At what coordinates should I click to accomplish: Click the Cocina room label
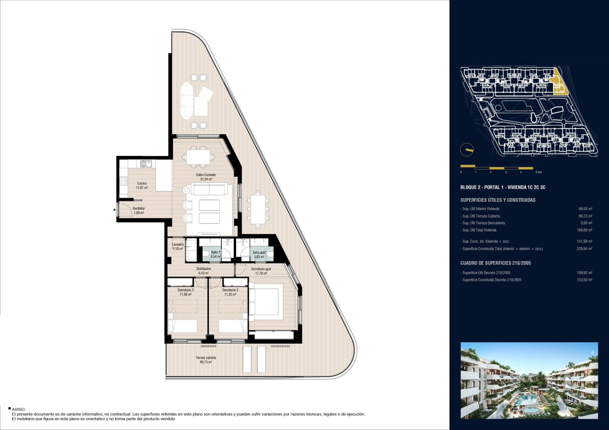click(x=142, y=183)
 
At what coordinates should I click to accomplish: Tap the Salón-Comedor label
click(x=206, y=175)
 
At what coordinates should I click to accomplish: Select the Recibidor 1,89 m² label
click(x=139, y=211)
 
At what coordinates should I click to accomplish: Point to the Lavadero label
click(x=178, y=245)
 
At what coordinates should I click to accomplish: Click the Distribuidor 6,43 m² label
click(x=204, y=271)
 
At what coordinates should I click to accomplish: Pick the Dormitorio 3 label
click(x=186, y=290)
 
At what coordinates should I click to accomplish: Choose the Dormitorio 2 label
click(x=230, y=290)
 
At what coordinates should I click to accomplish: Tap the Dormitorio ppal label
click(x=261, y=269)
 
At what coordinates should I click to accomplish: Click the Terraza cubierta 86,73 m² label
click(x=206, y=360)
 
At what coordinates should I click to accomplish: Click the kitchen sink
click(x=146, y=164)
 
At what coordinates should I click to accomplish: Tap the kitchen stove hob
click(x=124, y=181)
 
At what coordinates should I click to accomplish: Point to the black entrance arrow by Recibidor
click(x=115, y=209)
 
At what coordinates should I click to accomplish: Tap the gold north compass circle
click(x=467, y=150)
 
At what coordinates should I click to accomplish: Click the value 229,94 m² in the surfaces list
click(x=584, y=249)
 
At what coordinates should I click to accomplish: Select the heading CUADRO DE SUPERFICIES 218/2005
click(x=495, y=263)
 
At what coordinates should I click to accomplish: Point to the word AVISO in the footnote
click(x=18, y=410)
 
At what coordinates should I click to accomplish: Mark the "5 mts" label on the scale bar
click(x=539, y=172)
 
